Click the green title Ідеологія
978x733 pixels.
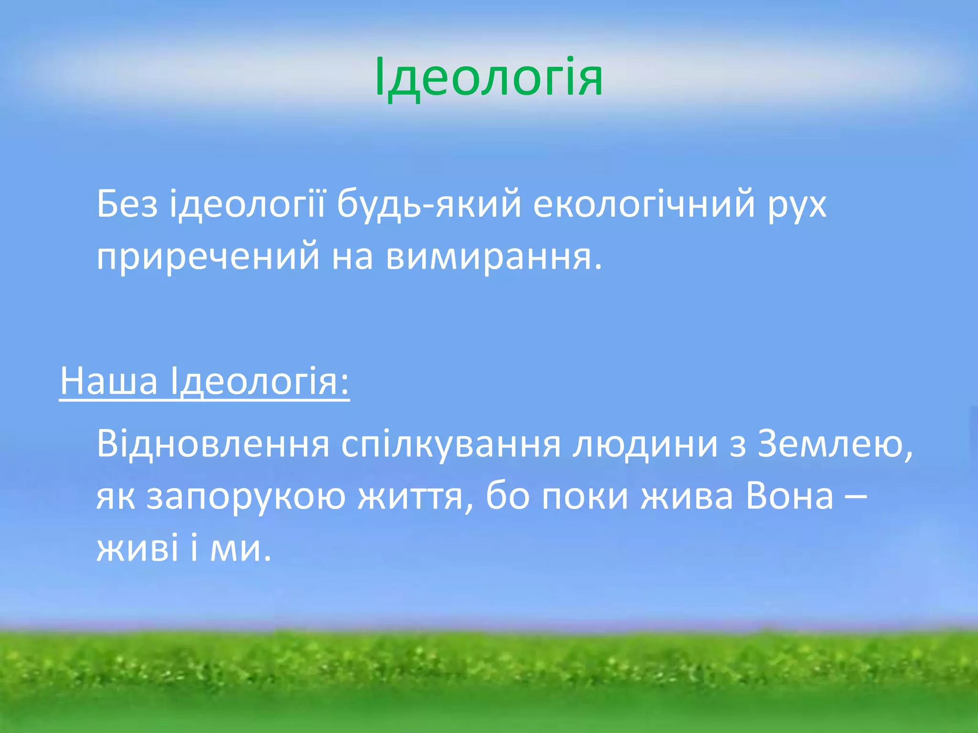pos(489,77)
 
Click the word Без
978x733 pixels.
pos(127,204)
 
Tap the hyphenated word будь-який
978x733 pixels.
pos(429,204)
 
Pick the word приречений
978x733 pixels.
pos(208,257)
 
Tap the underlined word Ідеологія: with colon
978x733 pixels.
pos(260,381)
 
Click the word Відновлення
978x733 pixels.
pos(213,444)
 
